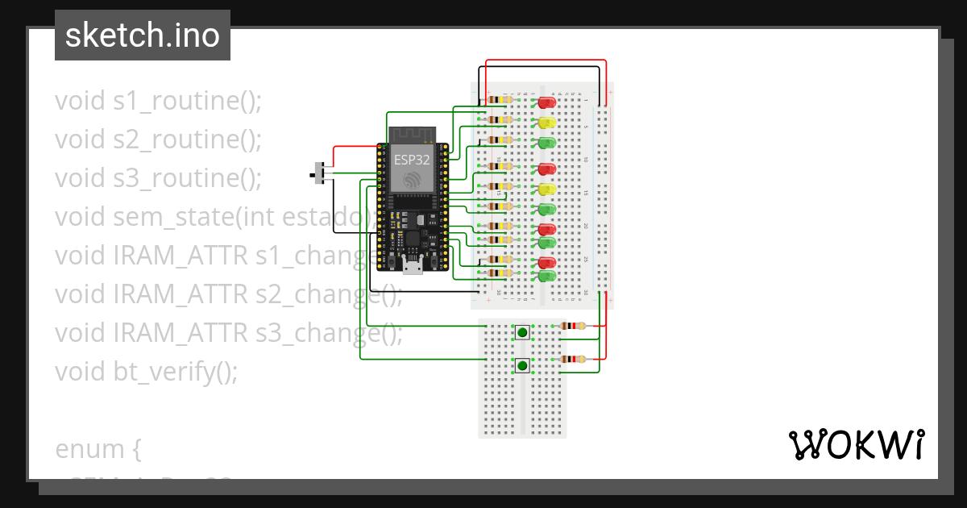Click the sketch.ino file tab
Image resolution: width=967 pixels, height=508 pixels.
142,35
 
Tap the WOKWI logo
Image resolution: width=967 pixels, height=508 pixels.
855,444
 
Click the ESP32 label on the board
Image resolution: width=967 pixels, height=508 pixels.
411,160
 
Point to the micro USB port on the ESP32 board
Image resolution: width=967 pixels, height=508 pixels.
413,267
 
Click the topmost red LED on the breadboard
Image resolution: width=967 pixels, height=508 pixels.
547,102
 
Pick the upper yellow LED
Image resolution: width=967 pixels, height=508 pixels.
547,123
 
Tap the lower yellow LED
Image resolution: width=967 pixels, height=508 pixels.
547,190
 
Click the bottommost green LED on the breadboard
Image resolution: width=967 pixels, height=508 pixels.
547,277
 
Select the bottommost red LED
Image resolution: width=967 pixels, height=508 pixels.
547,263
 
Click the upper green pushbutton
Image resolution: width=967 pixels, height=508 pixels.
522,332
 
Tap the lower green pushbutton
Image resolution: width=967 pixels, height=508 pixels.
522,366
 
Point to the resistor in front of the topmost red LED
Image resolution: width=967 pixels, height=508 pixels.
500,101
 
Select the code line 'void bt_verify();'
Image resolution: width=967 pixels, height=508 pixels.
147,372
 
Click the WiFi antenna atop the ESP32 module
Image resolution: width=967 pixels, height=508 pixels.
413,133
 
